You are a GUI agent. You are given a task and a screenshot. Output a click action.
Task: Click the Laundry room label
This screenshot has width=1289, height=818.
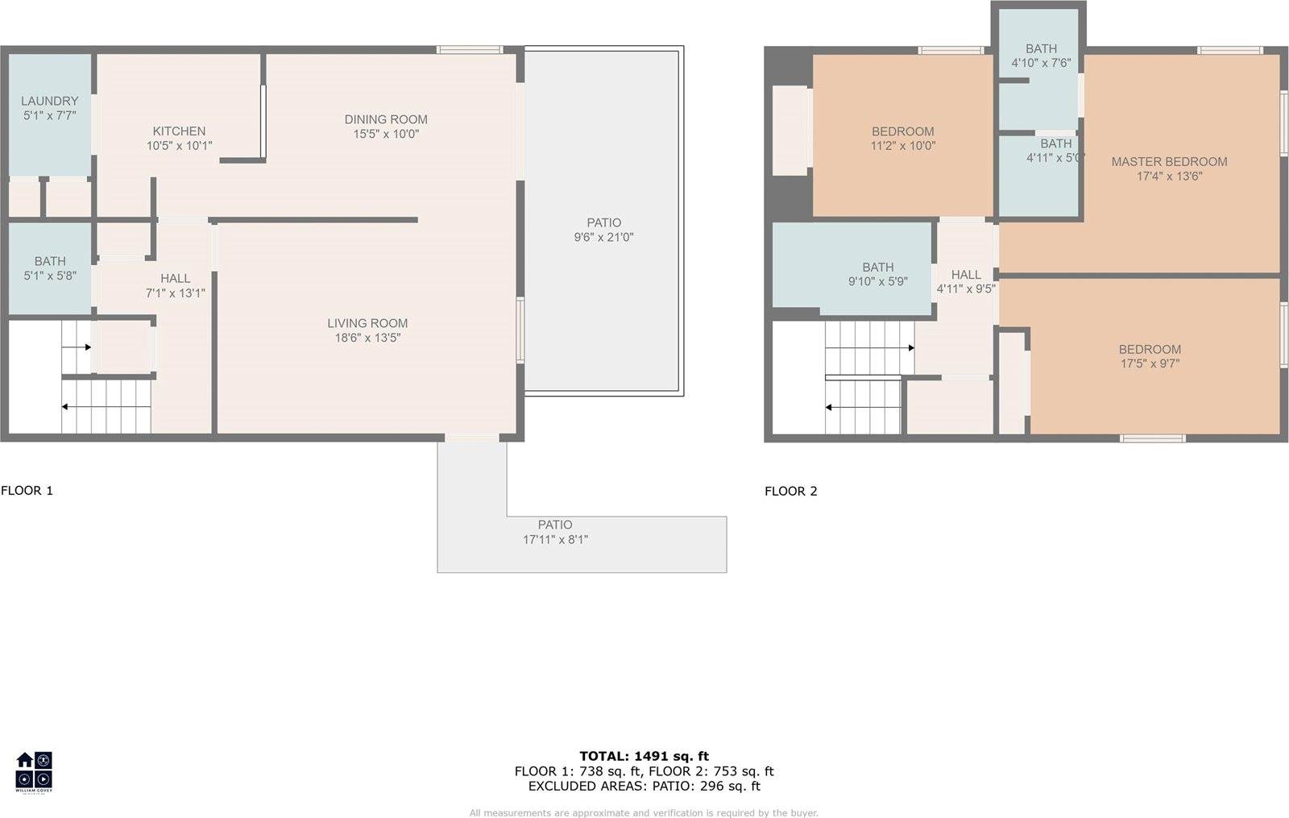49,102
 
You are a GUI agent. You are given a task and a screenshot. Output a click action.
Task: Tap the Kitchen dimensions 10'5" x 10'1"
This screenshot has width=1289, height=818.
179,146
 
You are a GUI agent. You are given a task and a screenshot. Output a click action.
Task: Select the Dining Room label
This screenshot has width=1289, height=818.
386,119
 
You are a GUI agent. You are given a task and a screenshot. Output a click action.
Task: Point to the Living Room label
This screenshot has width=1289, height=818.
367,323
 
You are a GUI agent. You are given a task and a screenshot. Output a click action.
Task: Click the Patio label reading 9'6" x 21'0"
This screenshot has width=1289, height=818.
603,230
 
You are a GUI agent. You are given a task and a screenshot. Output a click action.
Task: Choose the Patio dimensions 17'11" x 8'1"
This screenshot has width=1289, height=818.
555,540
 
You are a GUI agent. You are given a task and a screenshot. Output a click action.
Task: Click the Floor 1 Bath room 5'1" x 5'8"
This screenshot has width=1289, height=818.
50,268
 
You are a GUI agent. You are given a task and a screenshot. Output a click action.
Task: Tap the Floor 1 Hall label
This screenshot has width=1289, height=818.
175,279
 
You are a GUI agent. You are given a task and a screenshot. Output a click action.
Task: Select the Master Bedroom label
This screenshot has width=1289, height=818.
1169,162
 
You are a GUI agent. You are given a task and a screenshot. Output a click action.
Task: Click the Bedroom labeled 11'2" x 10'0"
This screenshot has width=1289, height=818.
902,139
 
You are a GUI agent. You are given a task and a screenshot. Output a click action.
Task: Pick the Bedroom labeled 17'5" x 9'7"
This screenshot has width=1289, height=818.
1150,356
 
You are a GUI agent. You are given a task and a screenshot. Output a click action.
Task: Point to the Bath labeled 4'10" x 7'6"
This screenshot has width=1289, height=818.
1041,55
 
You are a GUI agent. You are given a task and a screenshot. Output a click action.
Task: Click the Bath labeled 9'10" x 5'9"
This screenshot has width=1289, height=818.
877,274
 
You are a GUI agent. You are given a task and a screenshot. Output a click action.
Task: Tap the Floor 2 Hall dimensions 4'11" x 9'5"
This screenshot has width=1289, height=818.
966,289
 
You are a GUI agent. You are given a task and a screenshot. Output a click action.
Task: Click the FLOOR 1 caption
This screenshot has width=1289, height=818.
27,490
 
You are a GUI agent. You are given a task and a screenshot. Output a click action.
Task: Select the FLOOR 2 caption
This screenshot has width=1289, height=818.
790,491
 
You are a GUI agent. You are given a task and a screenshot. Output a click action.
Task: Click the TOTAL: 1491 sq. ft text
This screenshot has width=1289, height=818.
644,756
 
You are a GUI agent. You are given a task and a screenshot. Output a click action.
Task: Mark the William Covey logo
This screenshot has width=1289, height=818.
34,771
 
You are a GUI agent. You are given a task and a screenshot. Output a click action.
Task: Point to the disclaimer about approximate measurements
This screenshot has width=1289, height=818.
644,812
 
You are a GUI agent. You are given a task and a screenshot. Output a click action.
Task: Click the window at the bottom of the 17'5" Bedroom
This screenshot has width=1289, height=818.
1152,438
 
